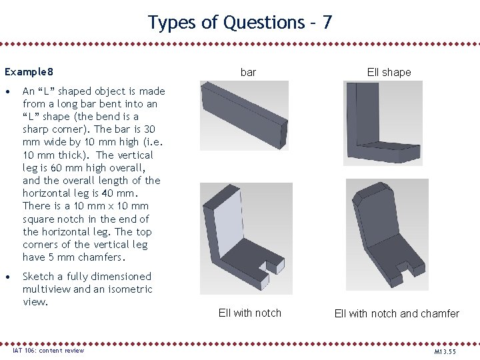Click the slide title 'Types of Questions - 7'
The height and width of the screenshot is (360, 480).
click(240, 23)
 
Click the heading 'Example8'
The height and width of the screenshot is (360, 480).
click(29, 72)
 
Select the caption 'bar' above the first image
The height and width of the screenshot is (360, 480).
click(248, 72)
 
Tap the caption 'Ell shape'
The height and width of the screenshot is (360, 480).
click(389, 72)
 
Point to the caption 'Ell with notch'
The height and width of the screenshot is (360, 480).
click(250, 313)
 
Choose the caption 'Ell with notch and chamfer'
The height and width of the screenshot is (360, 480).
click(397, 313)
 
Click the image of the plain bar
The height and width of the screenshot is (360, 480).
click(244, 115)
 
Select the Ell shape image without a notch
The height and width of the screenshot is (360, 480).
click(383, 123)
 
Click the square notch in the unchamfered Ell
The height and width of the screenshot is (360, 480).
click(267, 267)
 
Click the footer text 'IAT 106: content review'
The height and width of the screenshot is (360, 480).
click(49, 351)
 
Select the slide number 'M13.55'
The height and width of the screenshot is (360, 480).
click(445, 351)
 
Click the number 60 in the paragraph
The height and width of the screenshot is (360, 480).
click(56, 168)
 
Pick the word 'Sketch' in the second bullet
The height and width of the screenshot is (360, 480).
click(38, 277)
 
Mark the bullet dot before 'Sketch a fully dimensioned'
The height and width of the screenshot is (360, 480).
click(7, 277)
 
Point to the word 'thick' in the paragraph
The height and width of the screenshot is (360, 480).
click(71, 155)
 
